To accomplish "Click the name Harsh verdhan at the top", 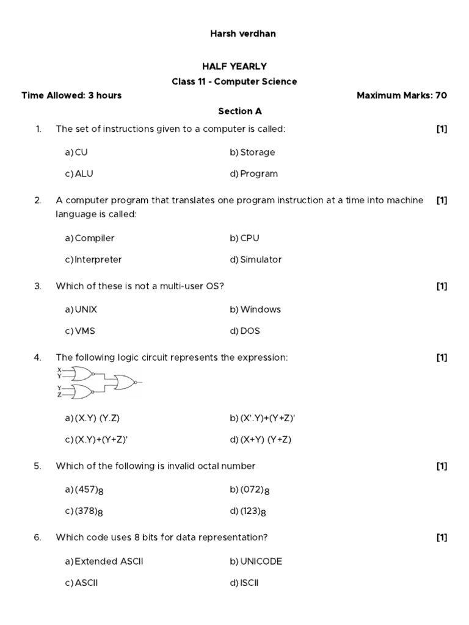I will (242, 34).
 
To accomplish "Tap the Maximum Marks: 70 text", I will (401, 95).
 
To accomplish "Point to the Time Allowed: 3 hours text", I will (71, 95).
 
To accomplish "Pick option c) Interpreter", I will (93, 259).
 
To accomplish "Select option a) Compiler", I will (90, 238).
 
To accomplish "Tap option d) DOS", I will (245, 331).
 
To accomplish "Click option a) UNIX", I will (81, 309).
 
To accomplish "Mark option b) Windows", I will (255, 309).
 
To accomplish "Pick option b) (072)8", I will (250, 490).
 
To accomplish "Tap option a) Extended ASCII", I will (104, 562).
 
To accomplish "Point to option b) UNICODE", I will (256, 562).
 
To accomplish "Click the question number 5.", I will (38, 466).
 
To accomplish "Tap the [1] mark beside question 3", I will (442, 286).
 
